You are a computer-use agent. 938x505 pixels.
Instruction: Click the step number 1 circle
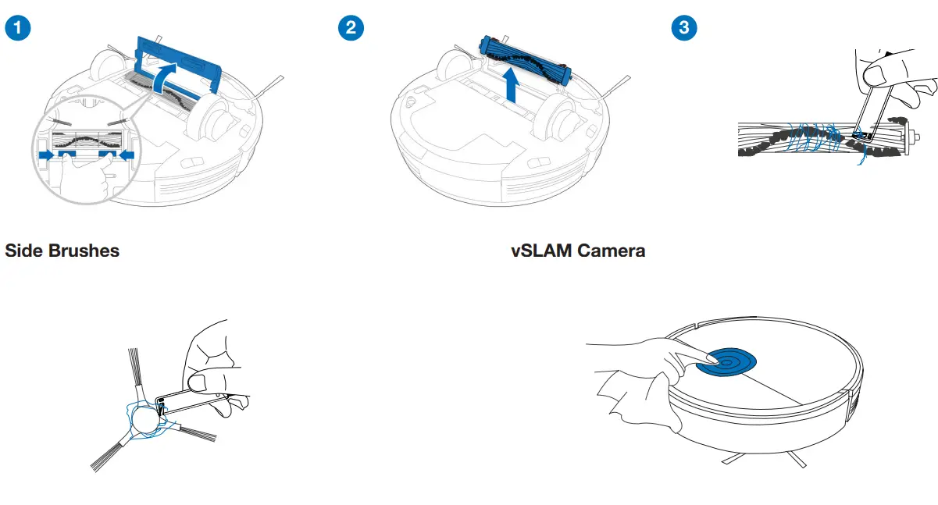[x=18, y=28]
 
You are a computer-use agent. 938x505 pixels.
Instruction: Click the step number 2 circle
[x=350, y=28]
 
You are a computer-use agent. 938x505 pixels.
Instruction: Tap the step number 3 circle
[x=684, y=28]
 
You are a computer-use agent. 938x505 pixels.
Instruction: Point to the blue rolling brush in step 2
[x=524, y=55]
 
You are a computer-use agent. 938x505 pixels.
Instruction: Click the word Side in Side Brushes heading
[x=25, y=251]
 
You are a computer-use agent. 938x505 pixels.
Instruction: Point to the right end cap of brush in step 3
[x=909, y=137]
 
